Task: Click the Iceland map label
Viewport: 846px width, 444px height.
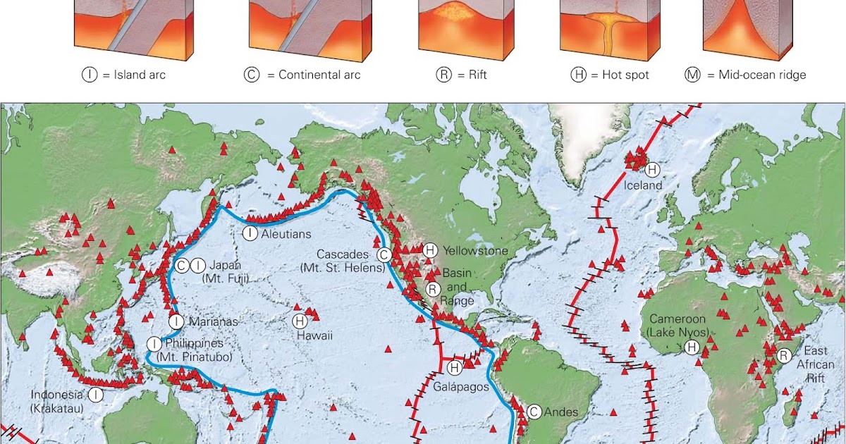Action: coord(644,185)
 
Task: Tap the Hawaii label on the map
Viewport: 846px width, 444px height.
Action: coord(314,335)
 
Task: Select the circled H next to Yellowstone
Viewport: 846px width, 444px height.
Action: coord(430,250)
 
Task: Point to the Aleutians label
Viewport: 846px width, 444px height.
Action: coord(286,234)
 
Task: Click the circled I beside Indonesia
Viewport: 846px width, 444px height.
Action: coord(96,395)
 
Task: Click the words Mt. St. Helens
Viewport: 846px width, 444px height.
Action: coord(343,268)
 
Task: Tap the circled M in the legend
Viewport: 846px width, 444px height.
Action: coord(692,74)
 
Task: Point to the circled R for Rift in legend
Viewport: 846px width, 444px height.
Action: coord(443,74)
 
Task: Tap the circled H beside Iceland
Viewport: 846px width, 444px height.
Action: coord(653,169)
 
